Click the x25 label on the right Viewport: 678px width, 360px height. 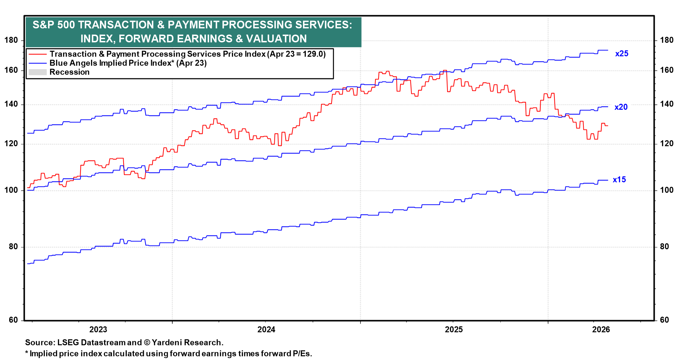pyautogui.click(x=621, y=54)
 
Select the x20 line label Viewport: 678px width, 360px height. pyautogui.click(x=621, y=107)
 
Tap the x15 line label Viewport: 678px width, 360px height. pyautogui.click(x=619, y=180)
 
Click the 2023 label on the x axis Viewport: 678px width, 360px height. pyautogui.click(x=98, y=330)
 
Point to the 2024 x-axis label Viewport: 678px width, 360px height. pyautogui.click(x=266, y=330)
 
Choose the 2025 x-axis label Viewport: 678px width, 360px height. pyautogui.click(x=454, y=330)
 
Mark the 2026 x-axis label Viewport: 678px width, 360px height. pyautogui.click(x=601, y=330)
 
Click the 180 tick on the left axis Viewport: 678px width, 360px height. pyautogui.click(x=11, y=40)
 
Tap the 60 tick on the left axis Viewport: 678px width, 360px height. pyautogui.click(x=13, y=320)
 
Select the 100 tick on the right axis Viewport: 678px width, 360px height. pyautogui.click(x=667, y=190)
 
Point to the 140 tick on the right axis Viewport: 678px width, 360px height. pyautogui.click(x=667, y=104)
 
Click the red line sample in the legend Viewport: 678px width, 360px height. pyautogui.click(x=37, y=54)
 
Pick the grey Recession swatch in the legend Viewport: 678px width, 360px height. pyautogui.click(x=37, y=72)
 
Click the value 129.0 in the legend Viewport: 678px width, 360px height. pyautogui.click(x=312, y=54)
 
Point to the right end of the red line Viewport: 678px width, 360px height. pyautogui.click(x=607, y=126)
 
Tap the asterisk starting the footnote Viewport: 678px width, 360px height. pyautogui.click(x=26, y=353)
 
